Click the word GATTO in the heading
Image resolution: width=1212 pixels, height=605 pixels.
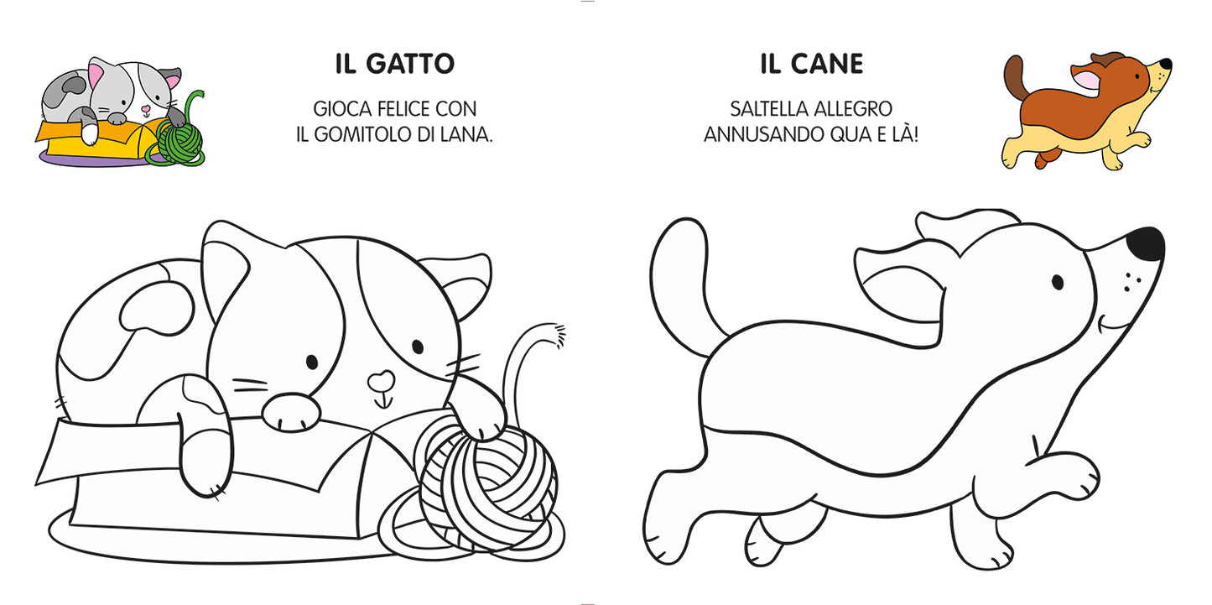pos(414,64)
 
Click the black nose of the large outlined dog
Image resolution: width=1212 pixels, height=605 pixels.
pos(1146,243)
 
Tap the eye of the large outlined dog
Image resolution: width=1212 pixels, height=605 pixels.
pos(1057,282)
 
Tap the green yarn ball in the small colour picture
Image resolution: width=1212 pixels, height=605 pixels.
pos(179,141)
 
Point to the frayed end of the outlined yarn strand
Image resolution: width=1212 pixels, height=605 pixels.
pos(554,334)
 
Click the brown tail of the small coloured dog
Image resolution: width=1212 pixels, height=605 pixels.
pos(1015,80)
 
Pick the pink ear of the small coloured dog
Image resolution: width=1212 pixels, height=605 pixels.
pos(1087,81)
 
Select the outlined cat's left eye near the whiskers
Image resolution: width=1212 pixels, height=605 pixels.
pos(312,362)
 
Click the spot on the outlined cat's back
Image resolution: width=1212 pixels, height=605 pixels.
pos(151,305)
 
